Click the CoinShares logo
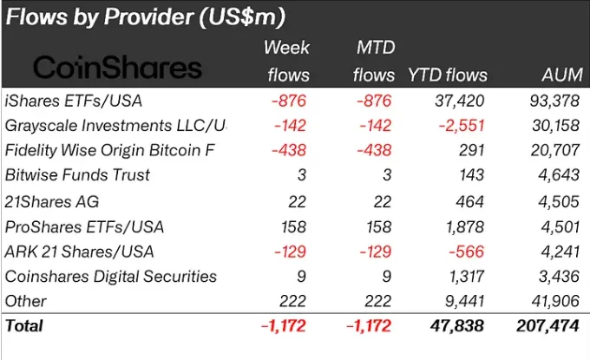[116, 69]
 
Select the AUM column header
[556, 75]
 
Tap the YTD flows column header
[447, 75]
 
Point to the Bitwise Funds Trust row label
[77, 175]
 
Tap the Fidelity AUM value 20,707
[551, 150]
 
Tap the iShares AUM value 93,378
[551, 100]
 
